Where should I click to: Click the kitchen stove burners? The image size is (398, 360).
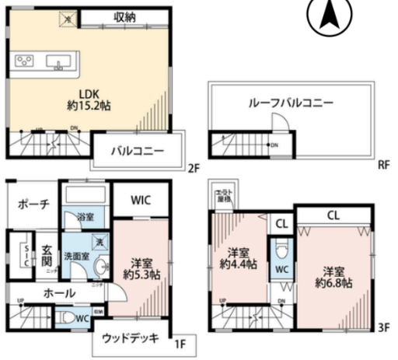click(x=23, y=61)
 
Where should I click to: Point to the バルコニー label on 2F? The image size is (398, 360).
click(x=135, y=151)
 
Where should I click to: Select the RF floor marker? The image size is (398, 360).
click(x=383, y=165)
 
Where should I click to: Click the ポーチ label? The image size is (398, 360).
click(x=33, y=204)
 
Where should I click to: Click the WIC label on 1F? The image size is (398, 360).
click(x=140, y=200)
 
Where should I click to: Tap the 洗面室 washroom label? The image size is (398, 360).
click(x=77, y=255)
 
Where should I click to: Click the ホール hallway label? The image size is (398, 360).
click(x=59, y=293)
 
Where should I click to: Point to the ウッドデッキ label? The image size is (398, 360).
click(x=130, y=337)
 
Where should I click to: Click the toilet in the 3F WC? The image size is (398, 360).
click(x=281, y=253)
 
